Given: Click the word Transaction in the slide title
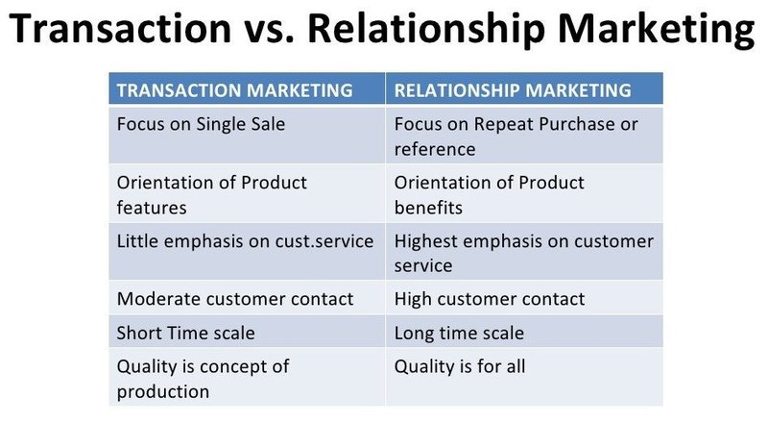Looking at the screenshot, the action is [x=120, y=28].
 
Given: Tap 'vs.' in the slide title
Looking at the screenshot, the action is [x=269, y=31].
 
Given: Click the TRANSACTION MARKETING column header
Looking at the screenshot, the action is [x=234, y=90].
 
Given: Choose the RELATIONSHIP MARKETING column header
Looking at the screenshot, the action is [x=513, y=90].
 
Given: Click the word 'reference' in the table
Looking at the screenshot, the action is [x=435, y=149].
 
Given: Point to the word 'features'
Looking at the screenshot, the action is [x=152, y=208].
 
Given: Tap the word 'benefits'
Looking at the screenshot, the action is [x=428, y=208].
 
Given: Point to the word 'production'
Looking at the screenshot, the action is [x=163, y=392].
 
